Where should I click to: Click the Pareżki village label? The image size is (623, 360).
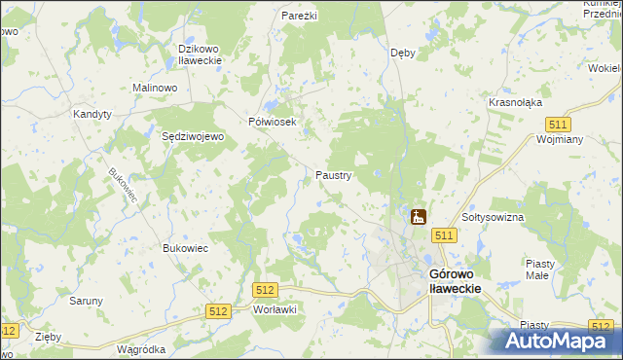point(300,17)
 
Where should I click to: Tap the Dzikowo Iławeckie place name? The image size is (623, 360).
point(202,54)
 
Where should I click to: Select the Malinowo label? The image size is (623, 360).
point(154,88)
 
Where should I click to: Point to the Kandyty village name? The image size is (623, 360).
point(92,114)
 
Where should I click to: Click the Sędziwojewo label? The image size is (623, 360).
point(193,137)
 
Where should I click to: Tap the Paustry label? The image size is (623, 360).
point(333,175)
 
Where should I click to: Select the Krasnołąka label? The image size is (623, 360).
point(515,102)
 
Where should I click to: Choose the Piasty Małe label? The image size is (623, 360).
point(539,269)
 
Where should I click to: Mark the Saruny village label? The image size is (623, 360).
point(86,301)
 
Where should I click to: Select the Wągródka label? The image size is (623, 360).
point(140,349)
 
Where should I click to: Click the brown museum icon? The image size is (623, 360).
point(419,217)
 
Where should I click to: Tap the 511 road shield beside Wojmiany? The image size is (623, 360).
point(558,125)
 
